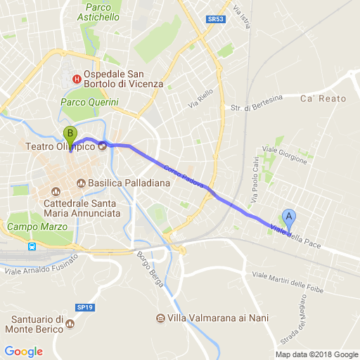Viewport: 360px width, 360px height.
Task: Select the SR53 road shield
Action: point(216,20)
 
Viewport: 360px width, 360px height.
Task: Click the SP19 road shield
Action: point(85,307)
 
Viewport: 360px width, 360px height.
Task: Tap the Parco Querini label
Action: point(89,103)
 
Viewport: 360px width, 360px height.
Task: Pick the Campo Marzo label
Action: point(37,227)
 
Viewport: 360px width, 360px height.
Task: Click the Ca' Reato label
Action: point(323,98)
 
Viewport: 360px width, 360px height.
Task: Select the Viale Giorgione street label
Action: point(285,155)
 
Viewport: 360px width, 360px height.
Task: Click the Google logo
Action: point(23,352)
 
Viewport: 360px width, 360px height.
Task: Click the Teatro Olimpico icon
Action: point(102,146)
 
